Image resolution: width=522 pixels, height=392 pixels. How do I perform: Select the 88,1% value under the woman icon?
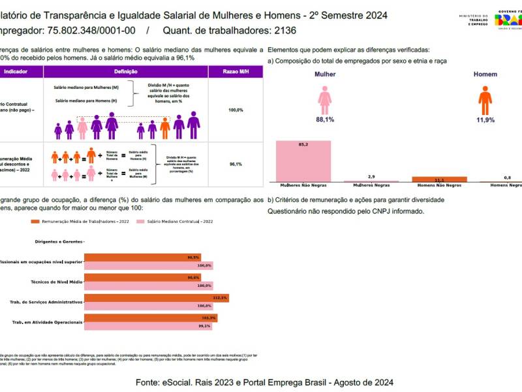coord(325,120)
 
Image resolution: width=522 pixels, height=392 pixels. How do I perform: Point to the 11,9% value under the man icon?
coord(485,120)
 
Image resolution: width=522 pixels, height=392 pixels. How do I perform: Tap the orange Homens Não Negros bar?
coord(440,179)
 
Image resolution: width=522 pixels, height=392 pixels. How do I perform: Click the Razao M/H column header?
coord(236,72)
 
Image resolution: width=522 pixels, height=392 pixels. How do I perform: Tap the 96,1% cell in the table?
coord(236,164)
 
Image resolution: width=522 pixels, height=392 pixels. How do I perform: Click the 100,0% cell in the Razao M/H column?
coord(236,110)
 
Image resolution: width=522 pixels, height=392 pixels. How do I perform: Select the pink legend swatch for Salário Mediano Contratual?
coord(139,221)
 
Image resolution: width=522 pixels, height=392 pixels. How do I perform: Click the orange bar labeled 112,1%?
coord(157,298)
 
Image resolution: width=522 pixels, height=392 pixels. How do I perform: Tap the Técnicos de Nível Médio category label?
coord(57,282)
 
